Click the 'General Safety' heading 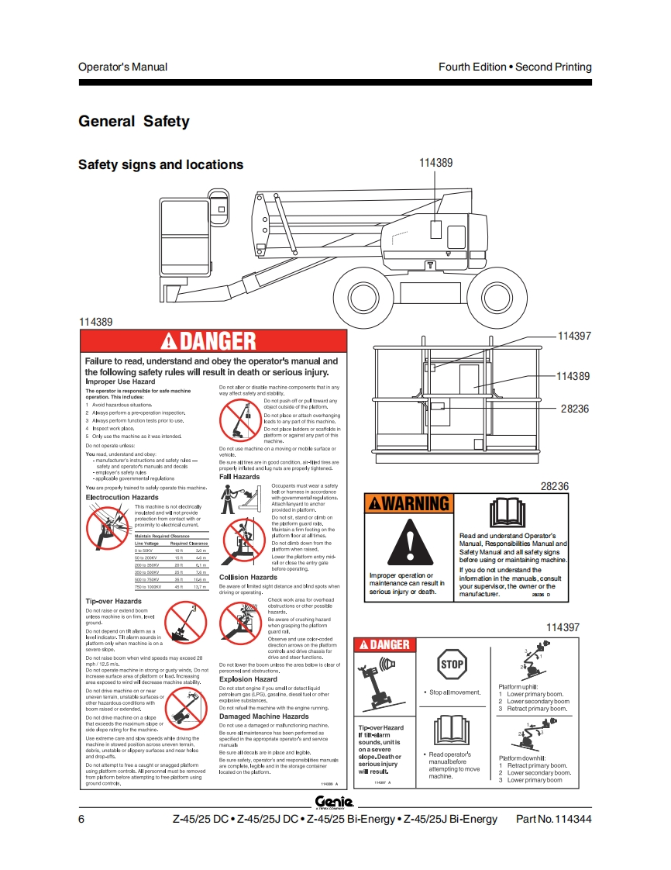[x=134, y=122]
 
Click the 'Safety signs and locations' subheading [x=160, y=164]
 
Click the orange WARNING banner [x=408, y=503]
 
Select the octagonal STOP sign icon [x=452, y=664]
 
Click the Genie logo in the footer [x=334, y=802]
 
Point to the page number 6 [x=81, y=819]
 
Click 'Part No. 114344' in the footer [x=553, y=819]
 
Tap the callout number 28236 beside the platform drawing [x=576, y=409]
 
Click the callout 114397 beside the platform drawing [x=574, y=336]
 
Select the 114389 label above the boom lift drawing [x=435, y=163]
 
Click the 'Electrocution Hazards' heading [x=122, y=497]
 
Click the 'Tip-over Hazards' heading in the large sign [x=113, y=601]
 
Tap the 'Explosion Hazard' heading [x=247, y=679]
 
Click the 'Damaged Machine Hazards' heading [x=263, y=716]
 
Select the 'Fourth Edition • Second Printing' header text [x=514, y=67]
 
